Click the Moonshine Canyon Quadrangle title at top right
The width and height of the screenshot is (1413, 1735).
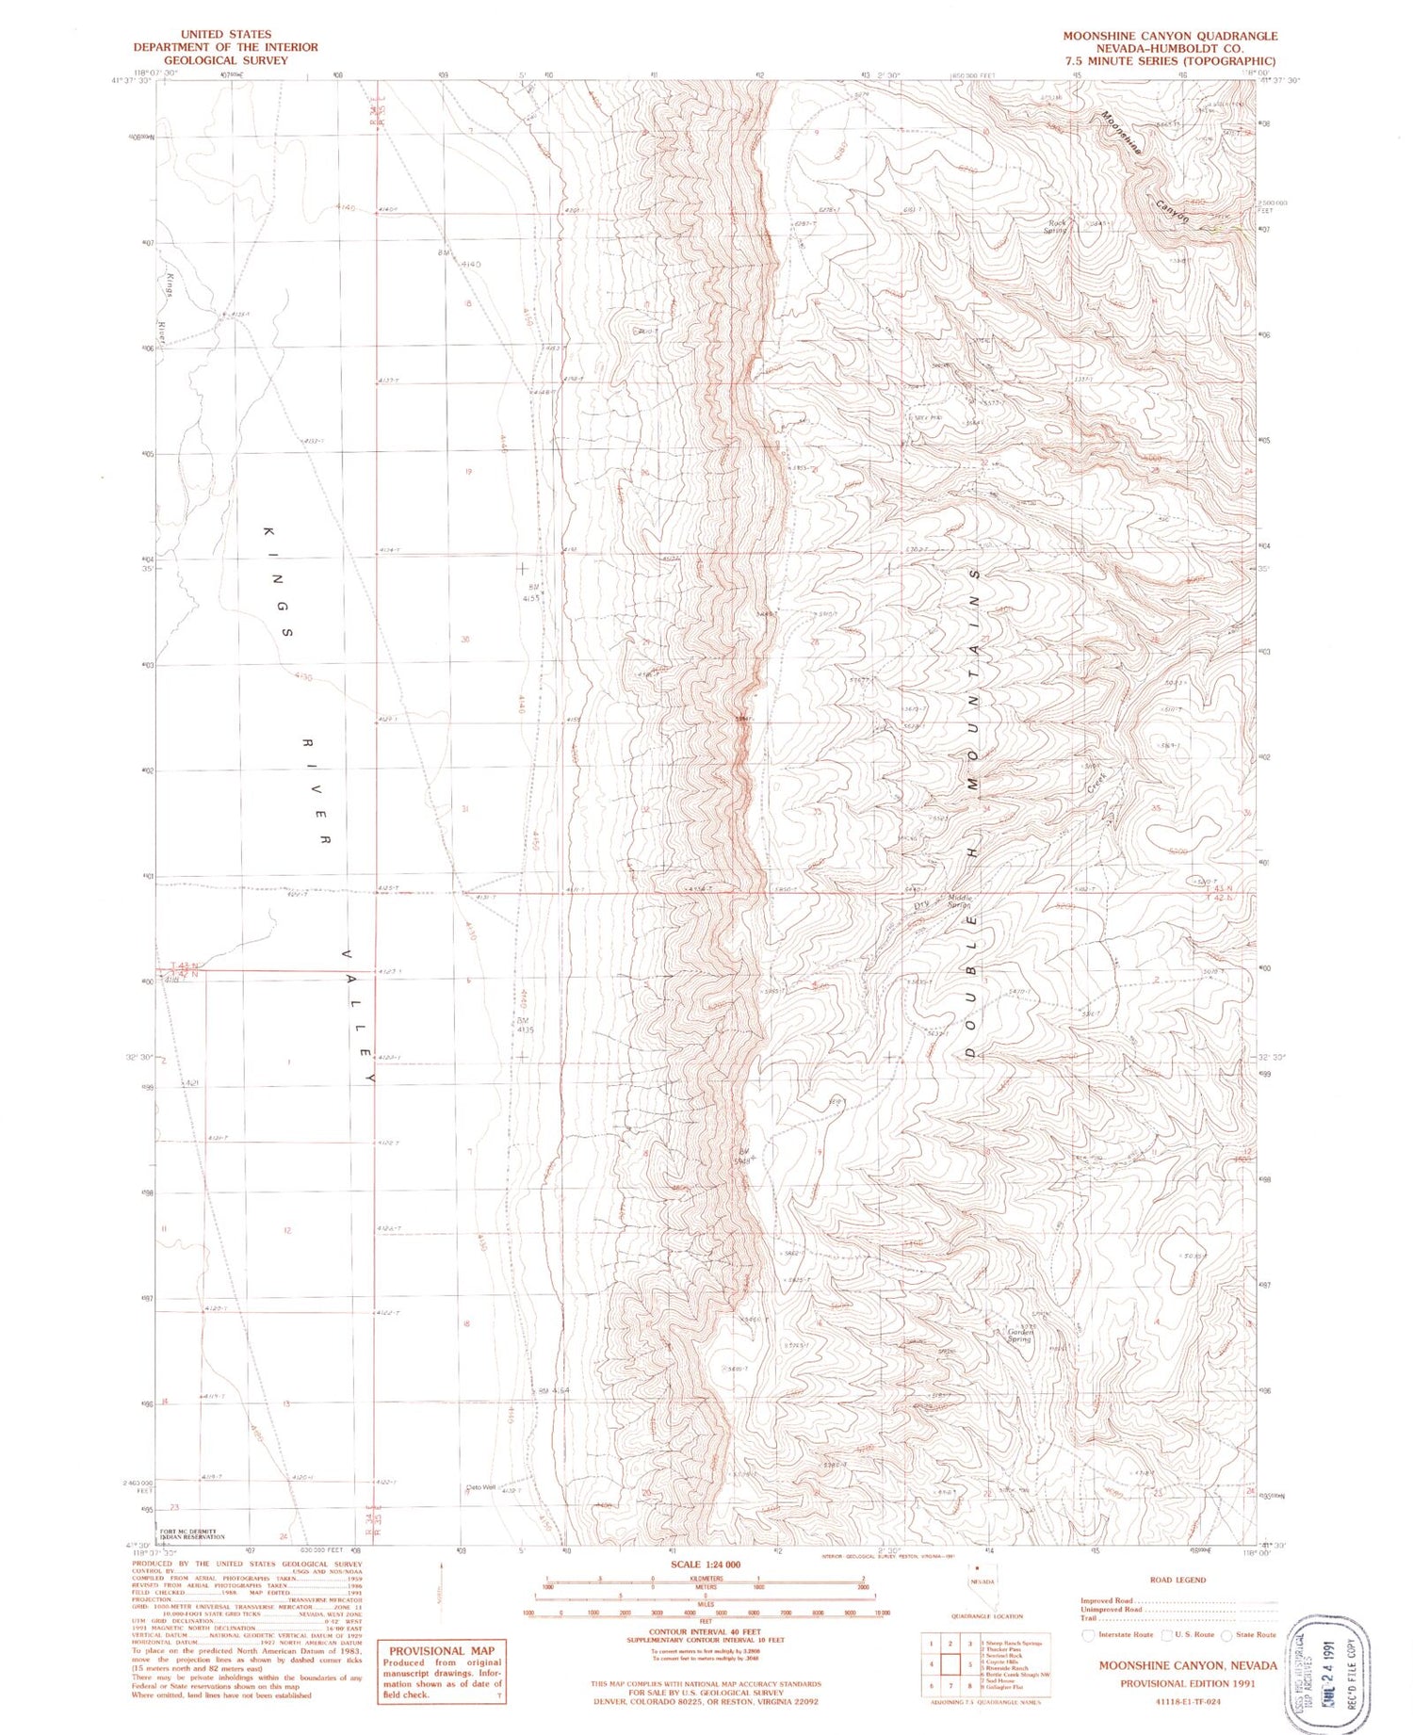point(1170,36)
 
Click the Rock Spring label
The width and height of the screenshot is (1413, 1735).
point(1056,227)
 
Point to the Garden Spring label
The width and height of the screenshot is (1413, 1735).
point(1020,1335)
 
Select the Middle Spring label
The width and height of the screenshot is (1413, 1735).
point(959,900)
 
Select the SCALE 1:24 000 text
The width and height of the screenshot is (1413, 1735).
point(706,1564)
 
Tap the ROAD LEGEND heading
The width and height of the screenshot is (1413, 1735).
point(1177,1580)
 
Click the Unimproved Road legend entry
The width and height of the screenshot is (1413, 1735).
point(1112,1609)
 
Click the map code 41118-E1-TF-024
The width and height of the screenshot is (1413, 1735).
point(1188,1701)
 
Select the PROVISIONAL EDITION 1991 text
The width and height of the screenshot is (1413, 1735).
point(1187,1683)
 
